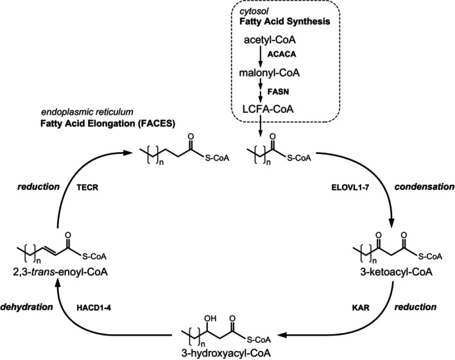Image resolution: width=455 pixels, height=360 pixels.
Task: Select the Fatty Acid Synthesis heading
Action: point(280,21)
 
